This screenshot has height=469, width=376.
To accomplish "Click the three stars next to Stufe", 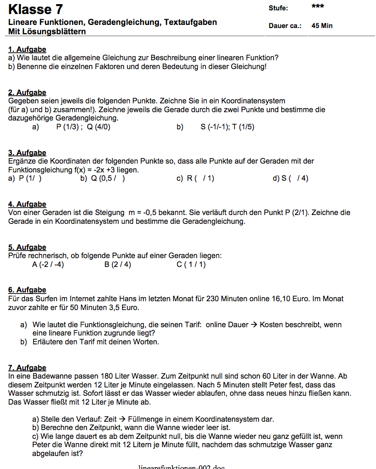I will [x=318, y=7].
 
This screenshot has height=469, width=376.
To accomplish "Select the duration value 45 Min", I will [x=322, y=25].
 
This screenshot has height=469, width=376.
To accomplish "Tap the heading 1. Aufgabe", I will [x=27, y=49].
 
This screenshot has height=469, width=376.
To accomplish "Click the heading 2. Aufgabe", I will [x=27, y=93].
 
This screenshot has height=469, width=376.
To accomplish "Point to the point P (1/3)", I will [x=66, y=127].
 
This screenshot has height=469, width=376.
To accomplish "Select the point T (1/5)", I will [x=243, y=127].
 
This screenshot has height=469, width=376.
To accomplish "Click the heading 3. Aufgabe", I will [x=27, y=153].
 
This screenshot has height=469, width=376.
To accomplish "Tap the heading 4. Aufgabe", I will [x=27, y=204].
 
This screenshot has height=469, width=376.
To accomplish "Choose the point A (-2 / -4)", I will [x=48, y=264].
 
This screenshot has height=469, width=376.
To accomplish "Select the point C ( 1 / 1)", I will [x=191, y=264].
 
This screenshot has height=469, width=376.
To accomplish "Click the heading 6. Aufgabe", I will [x=27, y=290].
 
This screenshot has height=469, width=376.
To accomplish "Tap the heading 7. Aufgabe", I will [x=27, y=368].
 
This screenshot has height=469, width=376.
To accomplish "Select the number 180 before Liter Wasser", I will [x=93, y=376].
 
